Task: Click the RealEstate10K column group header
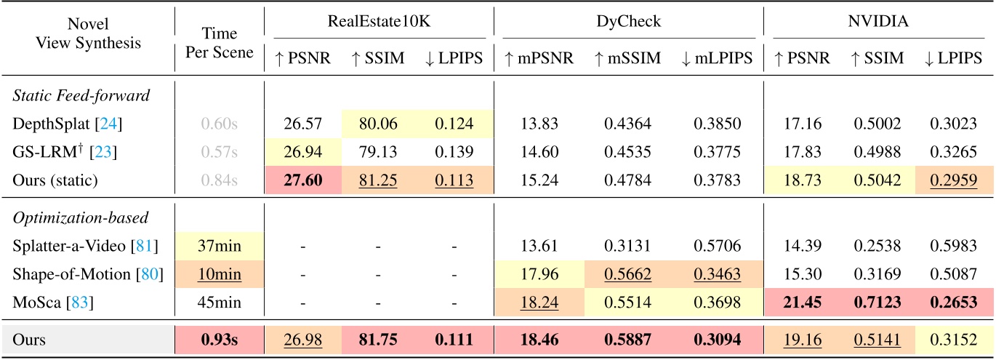click(x=379, y=22)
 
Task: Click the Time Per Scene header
click(x=219, y=42)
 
